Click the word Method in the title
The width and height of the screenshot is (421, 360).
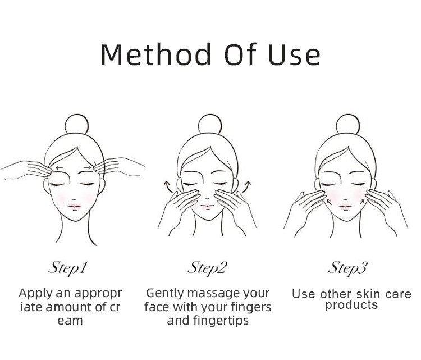(156, 54)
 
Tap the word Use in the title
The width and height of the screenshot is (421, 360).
(295, 54)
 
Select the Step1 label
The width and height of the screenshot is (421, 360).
(68, 268)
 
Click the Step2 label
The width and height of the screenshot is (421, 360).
(208, 268)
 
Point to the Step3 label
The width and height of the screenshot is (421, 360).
(347, 268)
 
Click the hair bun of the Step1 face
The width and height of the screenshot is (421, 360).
(77, 124)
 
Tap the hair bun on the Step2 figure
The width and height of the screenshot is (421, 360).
(210, 124)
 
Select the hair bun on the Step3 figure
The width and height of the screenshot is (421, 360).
(348, 124)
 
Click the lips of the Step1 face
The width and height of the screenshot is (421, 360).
(74, 206)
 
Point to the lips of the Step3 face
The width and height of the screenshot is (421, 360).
(346, 207)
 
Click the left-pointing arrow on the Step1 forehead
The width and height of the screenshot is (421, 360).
(60, 168)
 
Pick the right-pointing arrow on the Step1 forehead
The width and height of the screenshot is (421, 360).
(87, 168)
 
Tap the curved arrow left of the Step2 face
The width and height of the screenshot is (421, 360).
(168, 187)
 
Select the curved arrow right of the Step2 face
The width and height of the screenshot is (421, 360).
(246, 186)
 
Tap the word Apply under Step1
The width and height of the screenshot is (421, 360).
(36, 294)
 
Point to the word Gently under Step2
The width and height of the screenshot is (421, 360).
(165, 293)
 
